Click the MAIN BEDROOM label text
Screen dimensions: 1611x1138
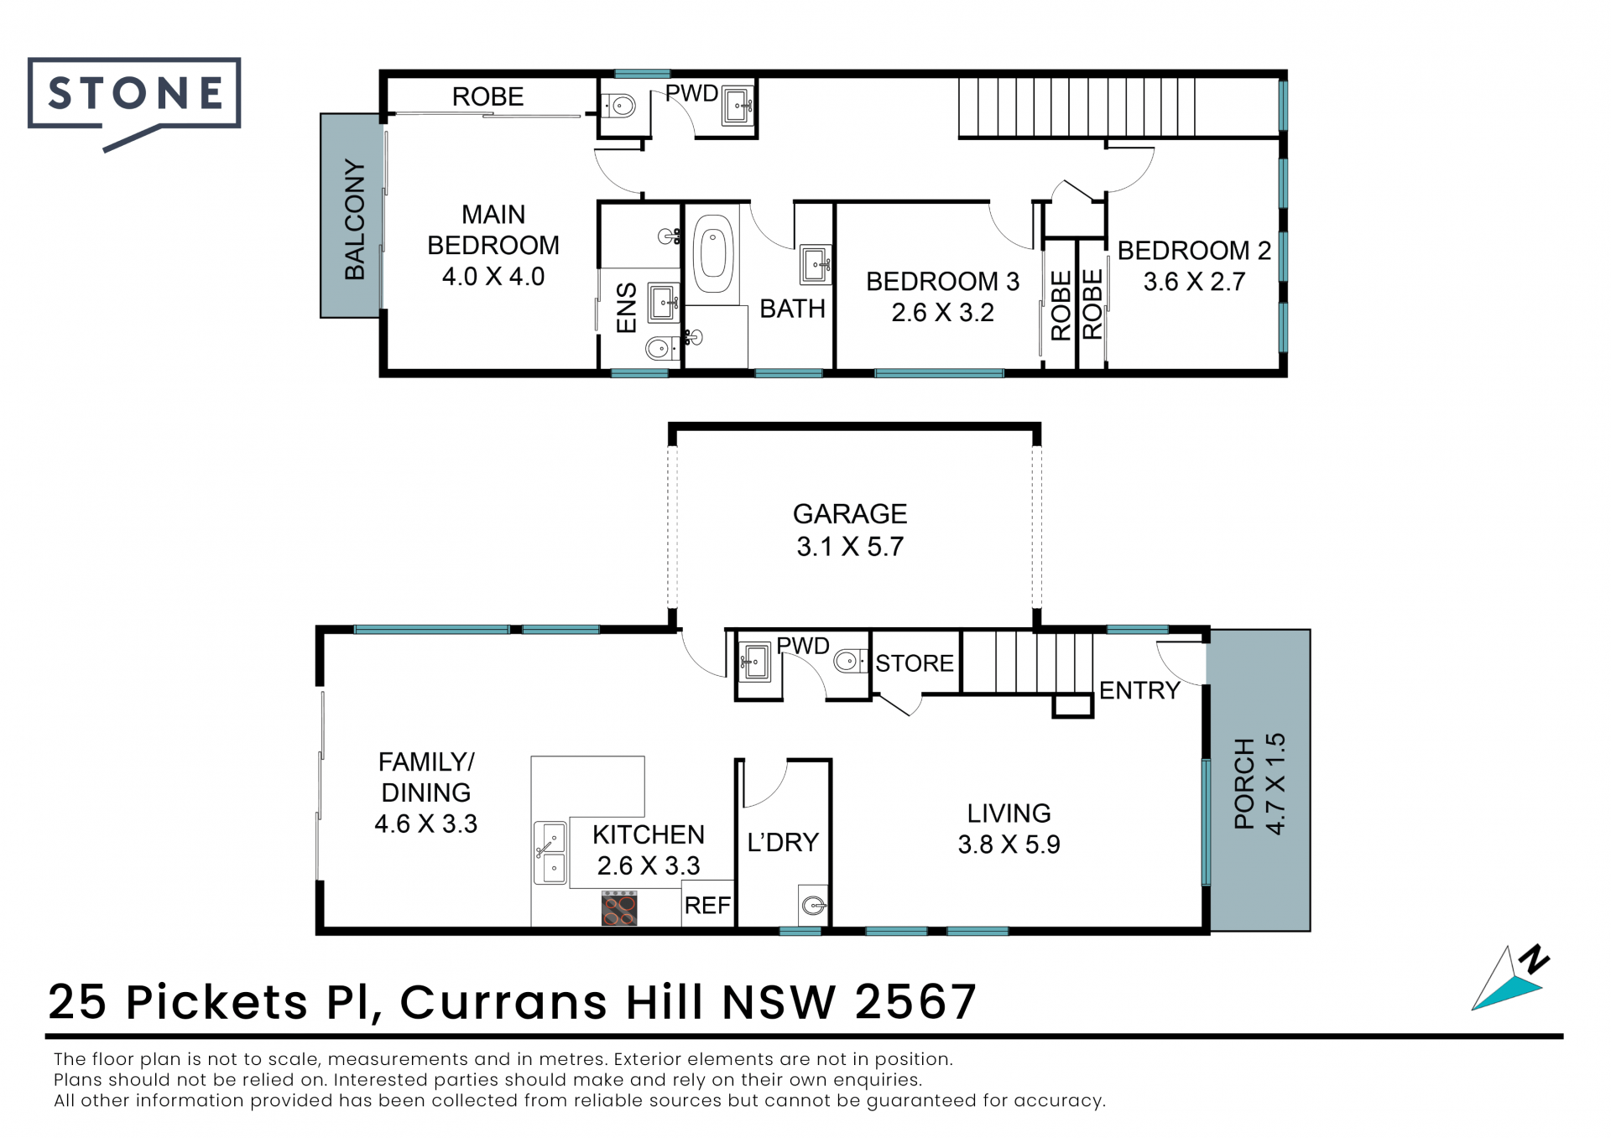point(493,230)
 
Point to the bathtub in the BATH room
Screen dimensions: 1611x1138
point(714,253)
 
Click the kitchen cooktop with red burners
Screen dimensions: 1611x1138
point(619,909)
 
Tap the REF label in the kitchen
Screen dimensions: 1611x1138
point(707,906)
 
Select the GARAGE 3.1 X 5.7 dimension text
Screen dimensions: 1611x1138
point(850,547)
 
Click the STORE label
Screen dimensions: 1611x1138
point(915,663)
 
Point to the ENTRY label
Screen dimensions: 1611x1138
point(1139,690)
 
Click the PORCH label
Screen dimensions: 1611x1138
point(1244,783)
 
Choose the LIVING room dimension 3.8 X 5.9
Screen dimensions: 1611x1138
point(1009,844)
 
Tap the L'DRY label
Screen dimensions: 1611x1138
point(783,842)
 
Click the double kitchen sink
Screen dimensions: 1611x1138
point(550,853)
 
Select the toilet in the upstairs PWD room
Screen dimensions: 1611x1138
point(618,107)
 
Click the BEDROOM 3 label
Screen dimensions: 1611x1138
point(942,281)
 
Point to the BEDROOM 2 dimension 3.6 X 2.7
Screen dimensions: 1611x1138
point(1194,282)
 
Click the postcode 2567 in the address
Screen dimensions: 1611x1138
point(915,1002)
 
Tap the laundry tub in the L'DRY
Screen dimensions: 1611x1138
point(813,906)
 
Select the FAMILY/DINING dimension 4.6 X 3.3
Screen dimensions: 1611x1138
point(426,824)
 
